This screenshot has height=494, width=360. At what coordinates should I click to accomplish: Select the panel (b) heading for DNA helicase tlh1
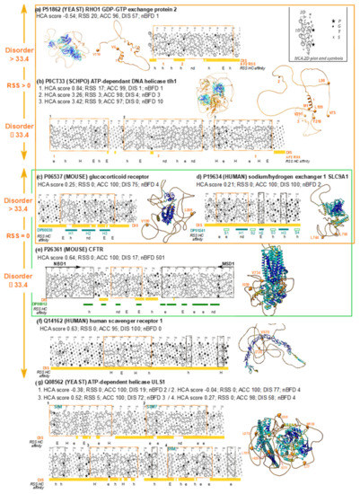pos(116,82)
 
